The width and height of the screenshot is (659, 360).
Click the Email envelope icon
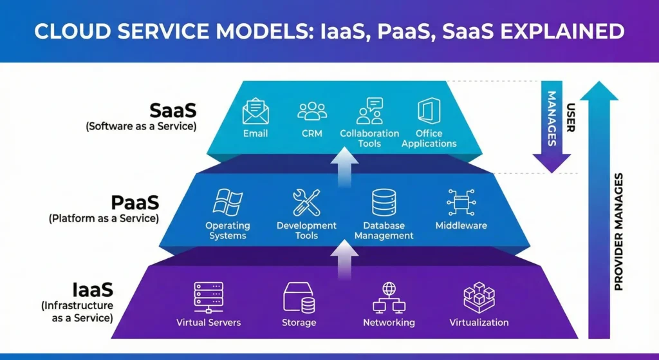pyautogui.click(x=255, y=111)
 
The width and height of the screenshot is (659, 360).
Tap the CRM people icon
pyautogui.click(x=312, y=111)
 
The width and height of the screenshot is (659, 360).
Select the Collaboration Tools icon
pyautogui.click(x=369, y=111)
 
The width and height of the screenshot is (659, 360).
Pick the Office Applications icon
pyautogui.click(x=429, y=111)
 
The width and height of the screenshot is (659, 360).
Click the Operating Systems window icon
pyautogui.click(x=227, y=202)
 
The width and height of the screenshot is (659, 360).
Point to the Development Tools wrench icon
pyautogui.click(x=306, y=202)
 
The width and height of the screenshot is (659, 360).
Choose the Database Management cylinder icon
pyautogui.click(x=384, y=202)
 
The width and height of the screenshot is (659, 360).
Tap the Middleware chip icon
pyautogui.click(x=461, y=202)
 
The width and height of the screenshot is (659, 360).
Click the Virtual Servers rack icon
pyautogui.click(x=209, y=297)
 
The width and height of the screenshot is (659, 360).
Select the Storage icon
pyautogui.click(x=299, y=298)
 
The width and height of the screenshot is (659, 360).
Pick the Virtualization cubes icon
pyautogui.click(x=479, y=297)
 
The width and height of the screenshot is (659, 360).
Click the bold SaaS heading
pyautogui.click(x=172, y=109)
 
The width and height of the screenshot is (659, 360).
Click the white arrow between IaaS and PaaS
pyautogui.click(x=345, y=263)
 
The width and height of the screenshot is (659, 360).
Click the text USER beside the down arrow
pyautogui.click(x=570, y=118)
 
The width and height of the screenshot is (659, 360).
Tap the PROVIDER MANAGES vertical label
pyautogui.click(x=618, y=232)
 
